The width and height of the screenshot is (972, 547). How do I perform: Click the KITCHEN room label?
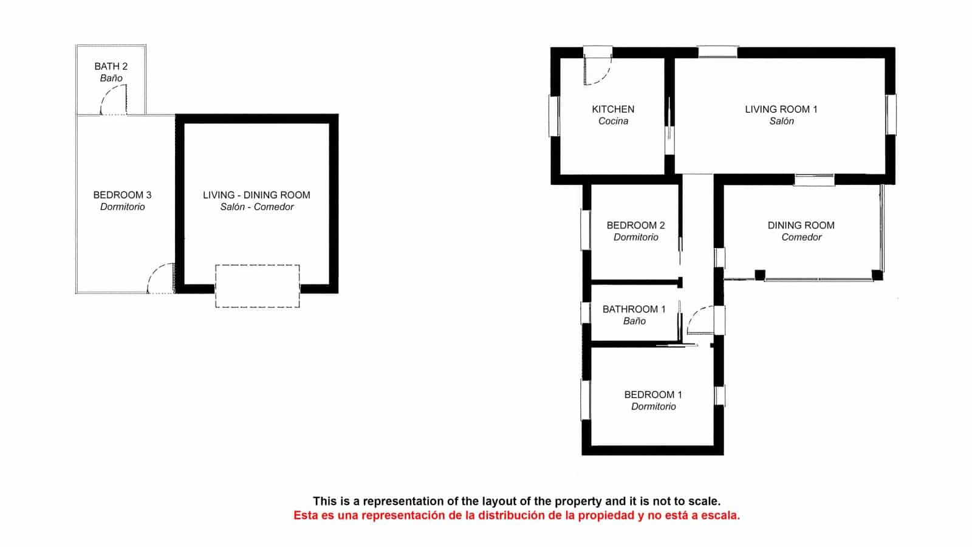613,109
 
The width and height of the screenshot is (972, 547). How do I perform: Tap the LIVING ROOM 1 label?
781,109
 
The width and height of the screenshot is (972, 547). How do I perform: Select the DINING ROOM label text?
801,225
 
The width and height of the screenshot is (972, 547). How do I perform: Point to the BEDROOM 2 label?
635,225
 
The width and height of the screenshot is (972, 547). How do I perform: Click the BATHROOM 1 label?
634,309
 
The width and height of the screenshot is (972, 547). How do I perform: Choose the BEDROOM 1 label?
653,395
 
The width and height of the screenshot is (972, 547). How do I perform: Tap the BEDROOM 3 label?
122,195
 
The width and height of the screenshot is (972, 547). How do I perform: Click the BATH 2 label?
111,66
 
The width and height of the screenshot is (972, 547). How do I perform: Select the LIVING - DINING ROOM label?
256,195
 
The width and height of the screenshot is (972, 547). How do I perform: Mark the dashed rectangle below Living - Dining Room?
258,286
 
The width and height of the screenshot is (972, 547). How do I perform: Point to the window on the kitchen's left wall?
554,116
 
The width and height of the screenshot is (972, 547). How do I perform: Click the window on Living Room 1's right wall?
891,114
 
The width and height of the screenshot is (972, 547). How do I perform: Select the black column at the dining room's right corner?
877,275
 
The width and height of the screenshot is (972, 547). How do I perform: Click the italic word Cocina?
613,122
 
